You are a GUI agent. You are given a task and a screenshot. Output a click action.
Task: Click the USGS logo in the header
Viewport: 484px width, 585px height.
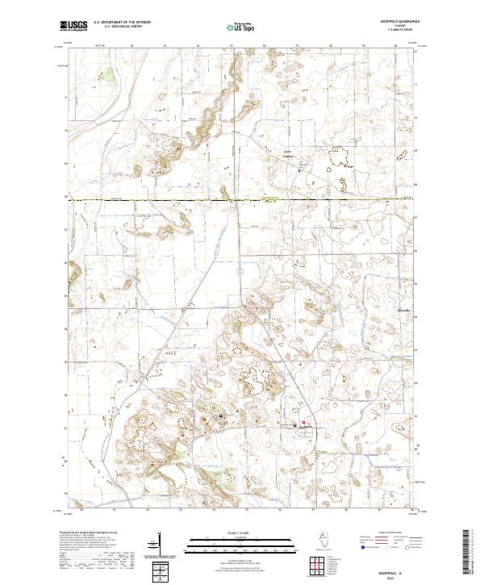click(73, 26)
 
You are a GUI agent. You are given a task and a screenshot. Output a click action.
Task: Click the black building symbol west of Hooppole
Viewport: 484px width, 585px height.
click(220, 416)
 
